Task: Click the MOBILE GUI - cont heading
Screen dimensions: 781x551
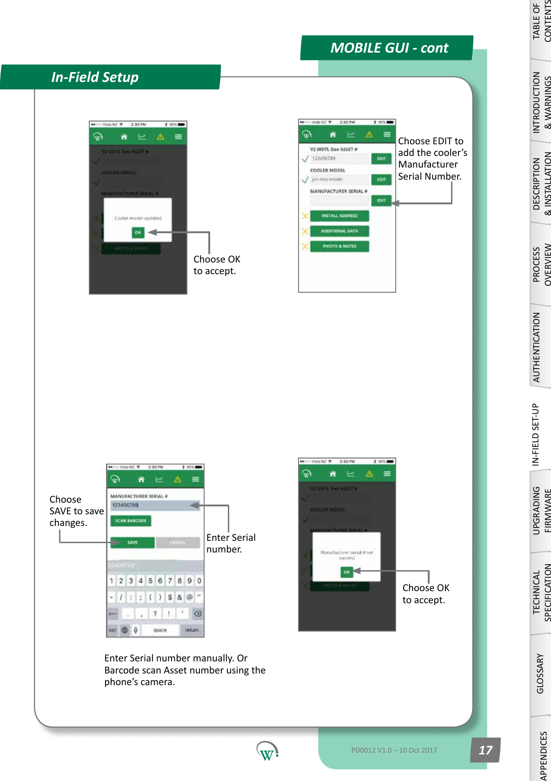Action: click(x=389, y=48)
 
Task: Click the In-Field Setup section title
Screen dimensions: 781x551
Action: click(x=95, y=77)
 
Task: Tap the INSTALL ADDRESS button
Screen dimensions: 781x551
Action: click(x=339, y=216)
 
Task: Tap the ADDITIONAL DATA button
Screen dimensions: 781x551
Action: click(x=339, y=231)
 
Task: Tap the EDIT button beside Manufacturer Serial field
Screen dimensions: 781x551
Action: click(x=381, y=201)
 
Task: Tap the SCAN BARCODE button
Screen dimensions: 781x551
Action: click(x=131, y=521)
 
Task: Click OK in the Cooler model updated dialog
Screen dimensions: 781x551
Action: click(x=138, y=232)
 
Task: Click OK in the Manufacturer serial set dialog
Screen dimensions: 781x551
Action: click(x=346, y=572)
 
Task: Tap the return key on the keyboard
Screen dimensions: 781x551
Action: click(x=192, y=630)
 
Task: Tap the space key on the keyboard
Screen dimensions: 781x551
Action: click(x=160, y=630)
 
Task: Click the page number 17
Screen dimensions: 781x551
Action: click(x=485, y=750)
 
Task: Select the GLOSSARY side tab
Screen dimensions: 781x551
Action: click(x=540, y=673)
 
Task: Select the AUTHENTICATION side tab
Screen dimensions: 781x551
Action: click(x=537, y=347)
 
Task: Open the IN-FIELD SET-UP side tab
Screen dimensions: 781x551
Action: click(x=536, y=434)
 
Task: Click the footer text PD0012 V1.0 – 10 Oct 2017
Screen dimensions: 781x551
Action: click(x=394, y=750)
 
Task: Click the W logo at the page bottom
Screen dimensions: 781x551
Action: click(x=267, y=751)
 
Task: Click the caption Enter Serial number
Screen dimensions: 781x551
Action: click(x=231, y=543)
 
